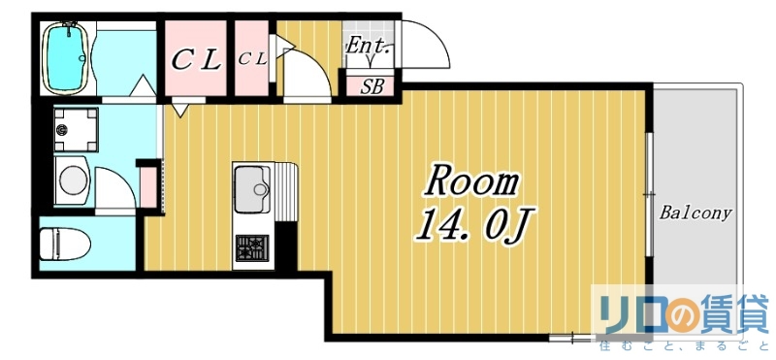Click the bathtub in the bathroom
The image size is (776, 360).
click(65, 57)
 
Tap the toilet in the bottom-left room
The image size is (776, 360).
click(65, 245)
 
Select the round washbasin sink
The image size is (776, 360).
click(72, 180)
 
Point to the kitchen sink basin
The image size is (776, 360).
click(252, 188)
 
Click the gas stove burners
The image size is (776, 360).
click(252, 247)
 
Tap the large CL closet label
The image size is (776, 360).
click(196, 61)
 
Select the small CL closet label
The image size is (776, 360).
click(252, 59)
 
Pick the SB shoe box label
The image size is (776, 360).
click(372, 86)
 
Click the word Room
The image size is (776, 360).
click(471, 182)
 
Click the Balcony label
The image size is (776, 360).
click(695, 213)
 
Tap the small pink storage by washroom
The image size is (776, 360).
click(149, 187)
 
